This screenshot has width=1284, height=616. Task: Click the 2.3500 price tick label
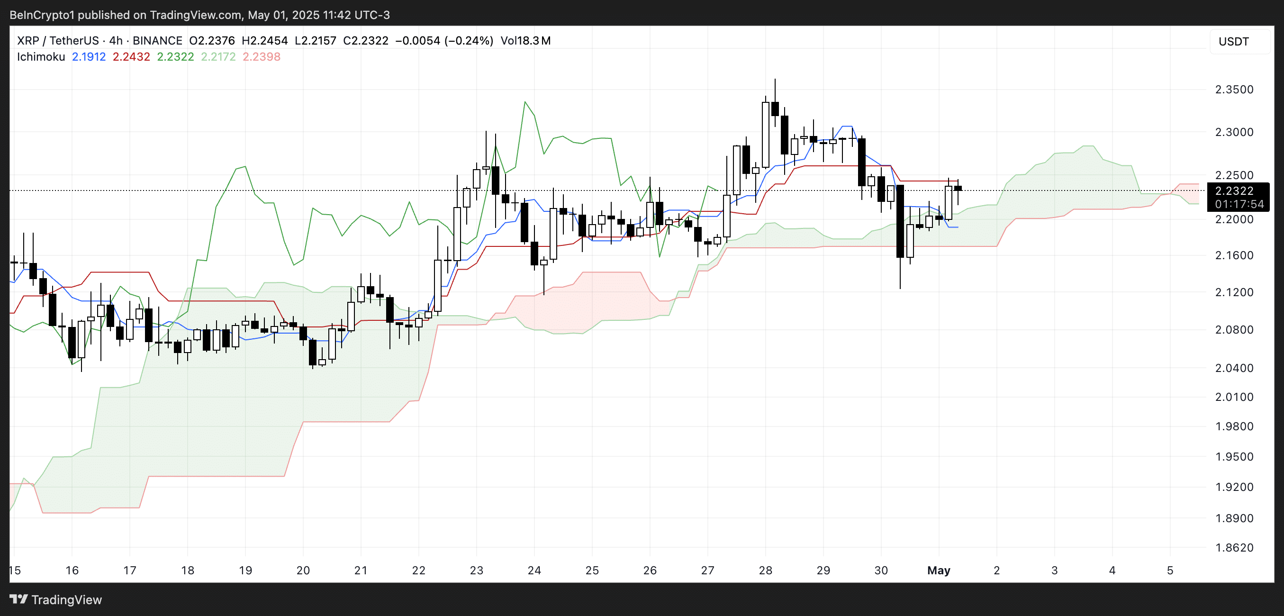tap(1234, 90)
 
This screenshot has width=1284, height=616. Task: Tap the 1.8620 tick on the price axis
tap(1234, 548)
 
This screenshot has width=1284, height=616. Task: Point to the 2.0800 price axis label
tap(1234, 329)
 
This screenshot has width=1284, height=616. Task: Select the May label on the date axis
tap(938, 570)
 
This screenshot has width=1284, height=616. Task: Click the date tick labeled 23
tap(476, 570)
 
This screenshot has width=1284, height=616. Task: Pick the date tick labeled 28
tap(765, 570)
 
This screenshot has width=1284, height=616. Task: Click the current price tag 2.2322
tap(1234, 191)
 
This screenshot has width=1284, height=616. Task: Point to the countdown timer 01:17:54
tap(1239, 204)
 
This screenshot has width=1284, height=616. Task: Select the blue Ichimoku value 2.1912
tap(89, 57)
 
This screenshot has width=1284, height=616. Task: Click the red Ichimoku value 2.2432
tap(131, 57)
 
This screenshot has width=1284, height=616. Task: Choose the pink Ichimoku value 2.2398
tap(261, 57)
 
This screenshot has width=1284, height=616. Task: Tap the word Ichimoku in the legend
tap(41, 57)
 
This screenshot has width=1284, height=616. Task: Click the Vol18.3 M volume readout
tap(525, 41)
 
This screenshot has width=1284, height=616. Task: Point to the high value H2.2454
tap(264, 41)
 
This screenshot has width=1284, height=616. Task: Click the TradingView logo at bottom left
tap(56, 599)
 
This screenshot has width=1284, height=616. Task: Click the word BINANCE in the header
tap(157, 41)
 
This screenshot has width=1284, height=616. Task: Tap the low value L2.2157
tap(315, 41)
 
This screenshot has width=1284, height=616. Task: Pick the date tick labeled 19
tap(245, 570)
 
